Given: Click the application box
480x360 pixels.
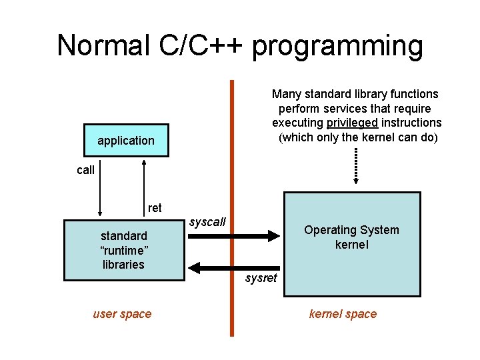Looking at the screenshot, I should (x=126, y=141).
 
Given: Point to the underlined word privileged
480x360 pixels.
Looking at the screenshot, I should (x=353, y=123).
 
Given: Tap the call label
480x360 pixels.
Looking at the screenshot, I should (x=85, y=170).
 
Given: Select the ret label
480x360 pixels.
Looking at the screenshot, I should (x=155, y=208).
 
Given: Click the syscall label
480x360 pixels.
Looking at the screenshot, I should (x=208, y=221).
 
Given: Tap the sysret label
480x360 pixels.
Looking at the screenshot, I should (x=261, y=278).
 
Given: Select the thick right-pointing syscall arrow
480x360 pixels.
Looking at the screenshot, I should (x=233, y=235).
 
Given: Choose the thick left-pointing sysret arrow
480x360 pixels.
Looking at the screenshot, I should (x=233, y=267).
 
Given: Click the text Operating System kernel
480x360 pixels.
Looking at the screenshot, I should (x=351, y=237).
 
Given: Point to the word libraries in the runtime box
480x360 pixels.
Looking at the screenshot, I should (x=123, y=265).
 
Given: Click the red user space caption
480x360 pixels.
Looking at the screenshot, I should (x=122, y=314).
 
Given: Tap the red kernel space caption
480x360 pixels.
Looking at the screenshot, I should (x=343, y=314).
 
